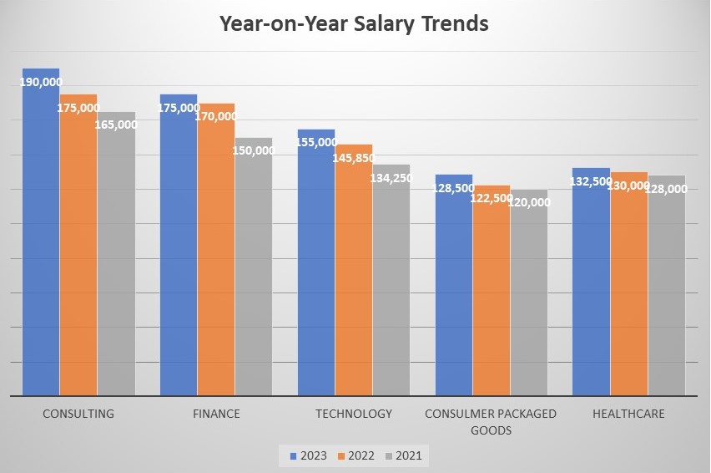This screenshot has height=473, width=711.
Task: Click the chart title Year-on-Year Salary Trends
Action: [354, 23]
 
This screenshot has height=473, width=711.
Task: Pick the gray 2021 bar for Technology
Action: [391, 284]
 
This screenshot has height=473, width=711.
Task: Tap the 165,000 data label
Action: [117, 125]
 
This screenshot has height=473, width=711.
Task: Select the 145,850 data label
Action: [353, 157]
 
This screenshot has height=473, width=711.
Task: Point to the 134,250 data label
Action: [391, 176]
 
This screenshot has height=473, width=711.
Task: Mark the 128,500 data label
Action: [453, 188]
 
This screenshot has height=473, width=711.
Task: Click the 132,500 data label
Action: [591, 181]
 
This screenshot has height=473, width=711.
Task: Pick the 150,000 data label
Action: [254, 150]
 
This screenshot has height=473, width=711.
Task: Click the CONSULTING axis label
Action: [78, 414]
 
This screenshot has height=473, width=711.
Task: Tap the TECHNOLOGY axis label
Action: [353, 414]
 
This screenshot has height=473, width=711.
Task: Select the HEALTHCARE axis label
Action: [628, 414]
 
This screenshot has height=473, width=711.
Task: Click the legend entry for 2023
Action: [308, 455]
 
